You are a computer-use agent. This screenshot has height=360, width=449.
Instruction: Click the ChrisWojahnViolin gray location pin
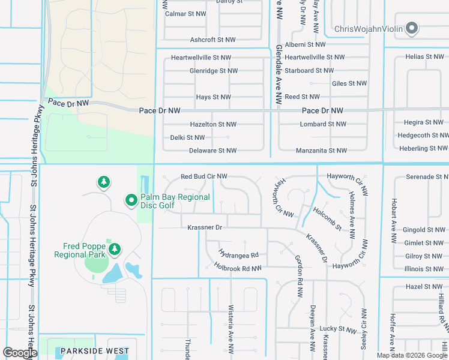[412, 28]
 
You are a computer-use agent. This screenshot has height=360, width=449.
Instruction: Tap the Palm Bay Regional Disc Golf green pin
[131, 201]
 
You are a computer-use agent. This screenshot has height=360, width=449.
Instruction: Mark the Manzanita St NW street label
[321, 151]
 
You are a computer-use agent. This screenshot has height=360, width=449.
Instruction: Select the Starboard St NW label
[308, 71]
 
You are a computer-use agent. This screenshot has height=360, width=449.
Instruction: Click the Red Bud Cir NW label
[204, 176]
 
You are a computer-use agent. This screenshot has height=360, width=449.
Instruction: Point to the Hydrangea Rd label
[238, 254]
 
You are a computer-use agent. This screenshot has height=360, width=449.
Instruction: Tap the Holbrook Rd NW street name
[238, 268]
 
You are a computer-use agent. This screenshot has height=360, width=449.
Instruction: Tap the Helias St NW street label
[424, 56]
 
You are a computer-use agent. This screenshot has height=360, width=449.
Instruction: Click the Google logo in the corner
[20, 353]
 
